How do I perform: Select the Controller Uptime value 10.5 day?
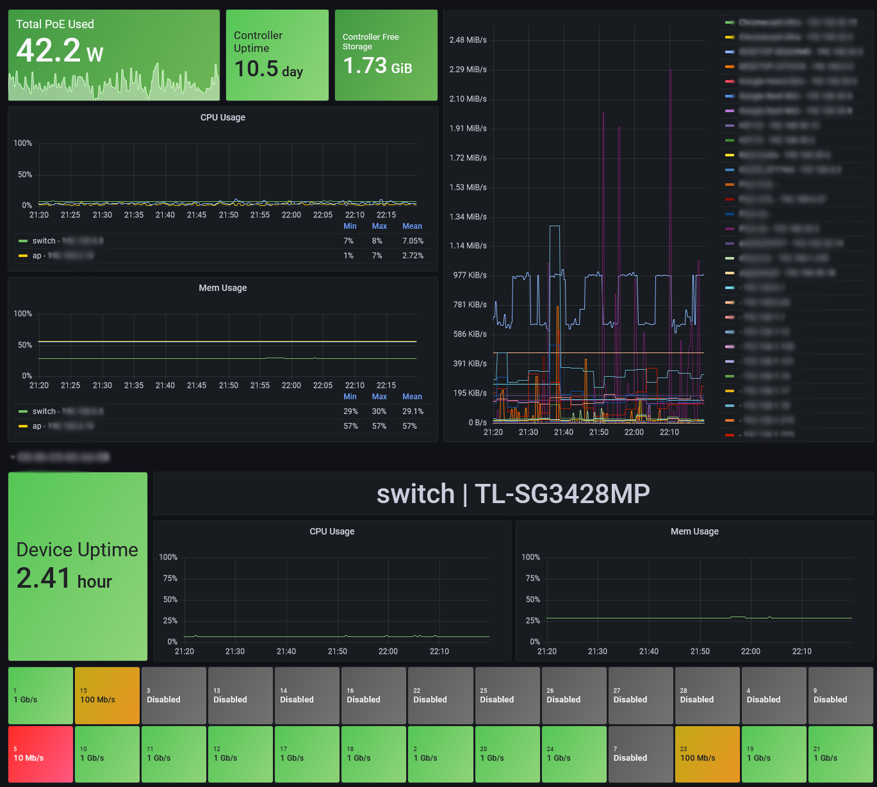[x=268, y=69]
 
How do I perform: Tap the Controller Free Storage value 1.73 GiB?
[x=377, y=66]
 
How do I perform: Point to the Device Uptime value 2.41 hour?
[x=64, y=579]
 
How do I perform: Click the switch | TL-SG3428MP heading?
[x=513, y=493]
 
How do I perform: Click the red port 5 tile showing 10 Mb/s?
[x=40, y=754]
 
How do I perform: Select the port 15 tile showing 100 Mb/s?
[x=107, y=695]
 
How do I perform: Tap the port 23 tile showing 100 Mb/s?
[x=707, y=754]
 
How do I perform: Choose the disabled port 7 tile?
[x=641, y=754]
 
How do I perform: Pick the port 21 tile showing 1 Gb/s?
[x=840, y=754]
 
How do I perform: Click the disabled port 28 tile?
[x=707, y=695]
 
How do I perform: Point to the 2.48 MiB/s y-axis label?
[x=468, y=40]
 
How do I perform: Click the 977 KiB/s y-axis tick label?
[x=470, y=275]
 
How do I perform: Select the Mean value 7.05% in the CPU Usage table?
[x=413, y=241]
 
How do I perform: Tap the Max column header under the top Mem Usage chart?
[x=379, y=397]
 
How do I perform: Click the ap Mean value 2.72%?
[x=413, y=256]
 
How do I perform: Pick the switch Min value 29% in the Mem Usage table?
[x=350, y=411]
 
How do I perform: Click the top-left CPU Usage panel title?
[x=223, y=117]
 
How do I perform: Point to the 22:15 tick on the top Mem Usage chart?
[x=386, y=385]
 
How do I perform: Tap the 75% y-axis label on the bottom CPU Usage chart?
[x=170, y=578]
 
